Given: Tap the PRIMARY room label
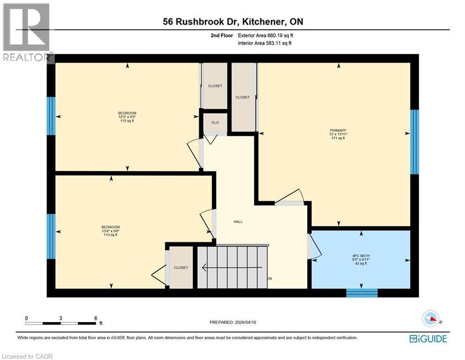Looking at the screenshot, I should pos(338,134).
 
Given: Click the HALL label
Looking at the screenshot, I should pos(238,222).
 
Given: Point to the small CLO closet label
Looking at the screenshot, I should pos(215,122).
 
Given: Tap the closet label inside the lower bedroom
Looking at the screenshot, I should pos(181,268).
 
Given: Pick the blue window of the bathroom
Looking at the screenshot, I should pos(362,292).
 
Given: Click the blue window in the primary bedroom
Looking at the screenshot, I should pos(414,142).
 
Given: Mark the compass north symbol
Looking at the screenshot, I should pos(430,319).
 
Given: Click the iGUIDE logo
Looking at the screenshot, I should pos(428,338).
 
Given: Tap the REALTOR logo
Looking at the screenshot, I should pos(27,33).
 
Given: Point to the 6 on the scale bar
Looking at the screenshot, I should pos(96,318).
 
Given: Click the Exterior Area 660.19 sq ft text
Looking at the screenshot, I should pos(266,35).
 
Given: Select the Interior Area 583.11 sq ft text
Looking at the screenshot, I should pos(265,43).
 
